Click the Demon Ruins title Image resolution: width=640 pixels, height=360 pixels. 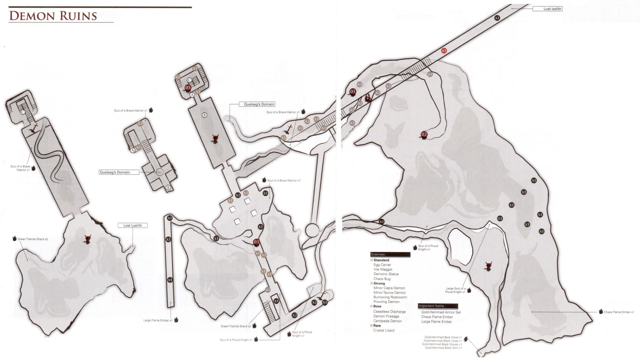(53, 16)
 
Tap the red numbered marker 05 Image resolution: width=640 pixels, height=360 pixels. (188, 88)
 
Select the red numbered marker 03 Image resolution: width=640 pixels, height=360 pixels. (257, 242)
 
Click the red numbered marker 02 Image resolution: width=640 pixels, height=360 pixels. (424, 134)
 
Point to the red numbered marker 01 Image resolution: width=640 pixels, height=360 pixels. (353, 92)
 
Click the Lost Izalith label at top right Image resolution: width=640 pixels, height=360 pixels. (552, 9)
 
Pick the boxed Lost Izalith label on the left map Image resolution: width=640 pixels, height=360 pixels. (132, 225)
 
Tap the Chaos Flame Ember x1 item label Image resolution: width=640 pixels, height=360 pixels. (618, 312)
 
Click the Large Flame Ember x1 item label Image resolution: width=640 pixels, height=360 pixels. (158, 320)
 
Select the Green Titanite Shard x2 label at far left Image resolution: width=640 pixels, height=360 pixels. (32, 239)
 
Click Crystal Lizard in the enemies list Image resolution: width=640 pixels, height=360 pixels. (383, 330)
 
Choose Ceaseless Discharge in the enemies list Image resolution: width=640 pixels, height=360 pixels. (389, 312)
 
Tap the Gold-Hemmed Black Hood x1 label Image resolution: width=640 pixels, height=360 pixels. (443, 337)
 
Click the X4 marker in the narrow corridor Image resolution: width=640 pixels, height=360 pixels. (170, 280)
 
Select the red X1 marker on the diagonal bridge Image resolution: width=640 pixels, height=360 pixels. (443, 51)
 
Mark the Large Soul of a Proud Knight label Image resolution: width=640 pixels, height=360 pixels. (455, 290)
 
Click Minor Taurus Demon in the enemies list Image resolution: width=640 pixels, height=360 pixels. (389, 292)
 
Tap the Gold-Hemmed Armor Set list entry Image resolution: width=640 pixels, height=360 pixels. (441, 312)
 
